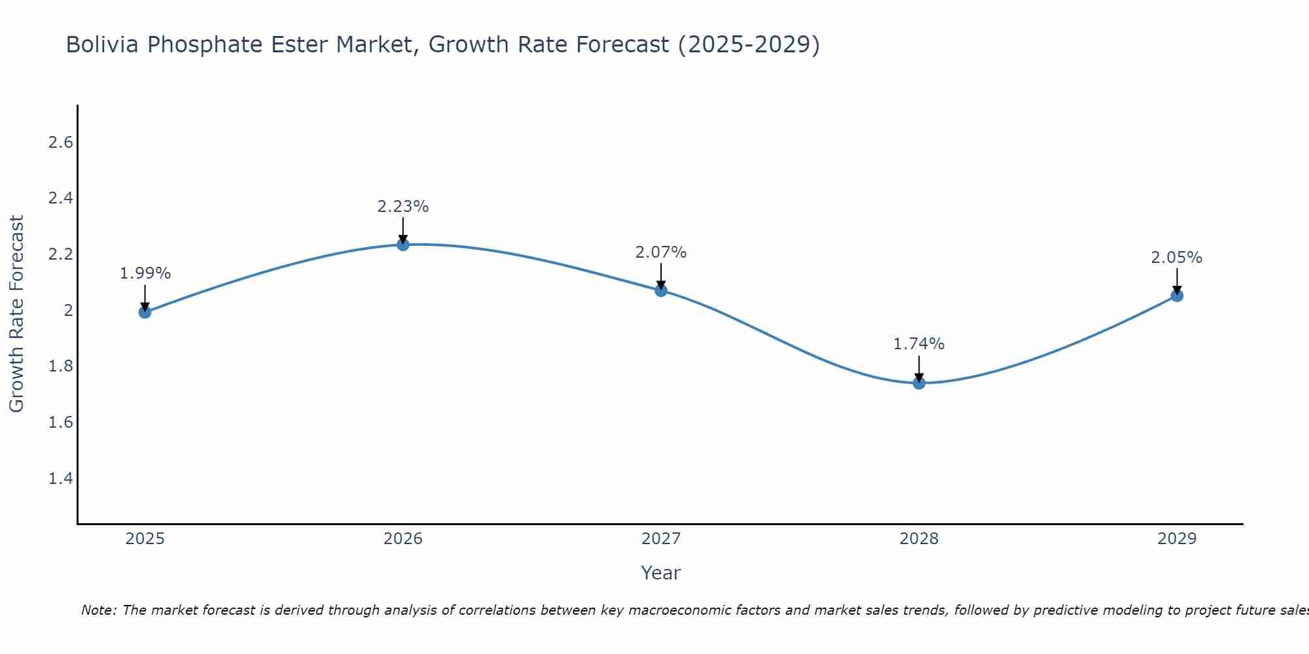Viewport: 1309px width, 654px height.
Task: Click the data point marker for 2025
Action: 145,312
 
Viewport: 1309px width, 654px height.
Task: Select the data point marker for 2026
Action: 403,245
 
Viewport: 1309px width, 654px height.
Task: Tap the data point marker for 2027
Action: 661,290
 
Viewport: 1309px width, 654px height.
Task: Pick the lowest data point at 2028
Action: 919,383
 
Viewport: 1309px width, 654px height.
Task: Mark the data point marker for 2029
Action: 1177,296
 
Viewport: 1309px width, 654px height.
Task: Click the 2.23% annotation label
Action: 403,207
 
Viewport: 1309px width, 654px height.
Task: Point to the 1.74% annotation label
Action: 919,344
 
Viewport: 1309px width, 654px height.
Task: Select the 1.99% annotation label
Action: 145,273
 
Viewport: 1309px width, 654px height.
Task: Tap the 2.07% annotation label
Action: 661,252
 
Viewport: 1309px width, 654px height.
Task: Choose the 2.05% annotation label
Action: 1177,258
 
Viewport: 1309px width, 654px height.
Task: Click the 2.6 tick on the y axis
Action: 60,143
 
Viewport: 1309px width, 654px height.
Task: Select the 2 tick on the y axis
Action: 68,311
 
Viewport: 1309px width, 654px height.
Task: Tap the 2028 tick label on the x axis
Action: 919,539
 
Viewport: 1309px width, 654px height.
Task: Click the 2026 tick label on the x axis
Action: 403,539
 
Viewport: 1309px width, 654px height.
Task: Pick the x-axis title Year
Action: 661,573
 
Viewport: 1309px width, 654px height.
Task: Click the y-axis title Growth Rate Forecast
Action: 16,313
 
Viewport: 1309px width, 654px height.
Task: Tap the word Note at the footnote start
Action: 98,610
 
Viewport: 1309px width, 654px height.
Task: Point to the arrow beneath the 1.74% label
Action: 919,368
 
